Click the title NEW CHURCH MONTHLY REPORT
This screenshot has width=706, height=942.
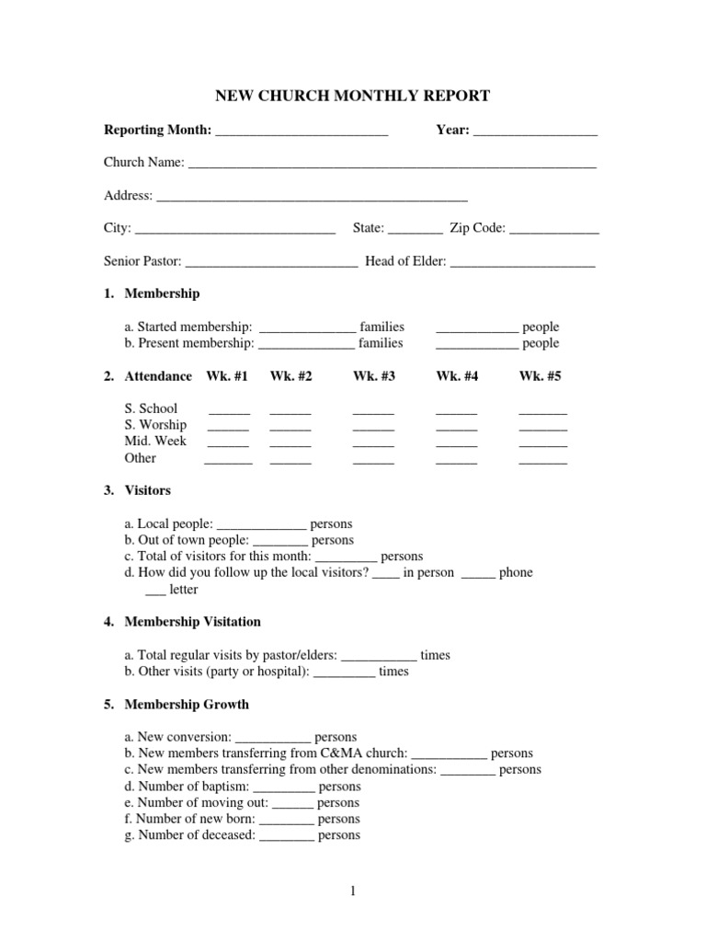pyautogui.click(x=352, y=96)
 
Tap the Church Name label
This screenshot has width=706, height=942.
pyautogui.click(x=143, y=163)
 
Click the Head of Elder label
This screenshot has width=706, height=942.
pyautogui.click(x=405, y=262)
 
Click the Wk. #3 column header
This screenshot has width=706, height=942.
pyautogui.click(x=374, y=376)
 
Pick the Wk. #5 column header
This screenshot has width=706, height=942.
pyautogui.click(x=540, y=376)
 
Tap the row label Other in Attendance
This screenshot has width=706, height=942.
pyautogui.click(x=141, y=458)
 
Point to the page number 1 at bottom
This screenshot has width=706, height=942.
pyautogui.click(x=352, y=890)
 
